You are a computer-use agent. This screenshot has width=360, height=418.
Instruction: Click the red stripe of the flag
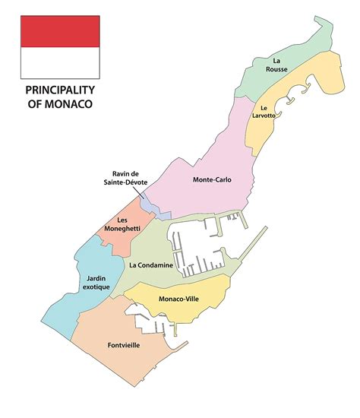60,31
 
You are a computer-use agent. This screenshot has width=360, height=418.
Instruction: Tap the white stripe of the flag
60,63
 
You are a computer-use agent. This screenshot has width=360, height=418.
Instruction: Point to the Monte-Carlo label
212,180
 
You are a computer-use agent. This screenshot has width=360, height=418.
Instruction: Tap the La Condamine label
149,264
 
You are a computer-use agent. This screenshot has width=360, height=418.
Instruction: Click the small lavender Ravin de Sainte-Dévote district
152,205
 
